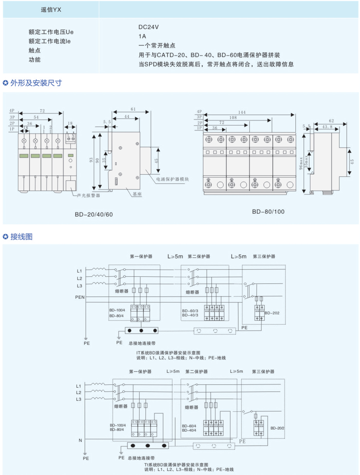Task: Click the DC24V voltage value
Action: tap(148, 27)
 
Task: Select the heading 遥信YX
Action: tap(51, 10)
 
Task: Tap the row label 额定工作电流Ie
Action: tap(49, 41)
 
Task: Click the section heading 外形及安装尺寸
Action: tap(36, 83)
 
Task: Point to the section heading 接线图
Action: tap(21, 236)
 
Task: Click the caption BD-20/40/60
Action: tap(94, 214)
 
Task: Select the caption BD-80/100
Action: tap(268, 212)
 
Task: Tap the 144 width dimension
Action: tap(242, 112)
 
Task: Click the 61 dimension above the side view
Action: tap(133, 109)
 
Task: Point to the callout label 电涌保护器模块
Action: tap(172, 179)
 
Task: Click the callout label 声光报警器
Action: tap(88, 195)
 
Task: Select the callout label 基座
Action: tap(137, 194)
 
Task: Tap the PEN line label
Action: tap(80, 297)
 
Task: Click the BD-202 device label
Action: tap(272, 313)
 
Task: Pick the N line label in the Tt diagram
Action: tap(80, 440)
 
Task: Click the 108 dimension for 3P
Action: tap(233, 118)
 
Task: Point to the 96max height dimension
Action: tap(301, 163)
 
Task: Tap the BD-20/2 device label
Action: tap(277, 428)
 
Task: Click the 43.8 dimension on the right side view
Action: tap(327, 127)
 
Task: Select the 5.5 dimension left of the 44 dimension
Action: tap(107, 122)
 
